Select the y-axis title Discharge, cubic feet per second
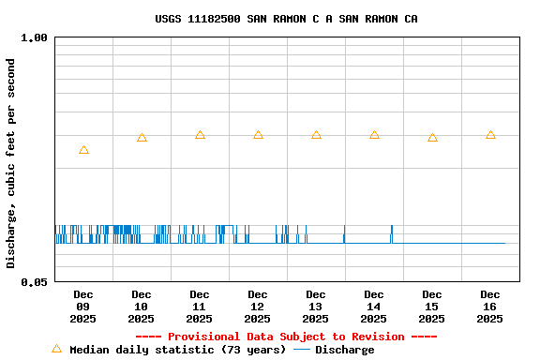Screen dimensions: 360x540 point(11,163)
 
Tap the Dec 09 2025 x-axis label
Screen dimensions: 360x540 point(83,307)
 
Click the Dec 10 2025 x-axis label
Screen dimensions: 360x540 point(142,307)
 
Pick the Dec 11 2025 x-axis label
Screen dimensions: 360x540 point(200,307)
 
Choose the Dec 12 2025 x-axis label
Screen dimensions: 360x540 point(258,307)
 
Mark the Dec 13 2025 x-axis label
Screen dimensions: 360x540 point(316,307)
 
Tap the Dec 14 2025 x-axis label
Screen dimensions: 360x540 point(374,307)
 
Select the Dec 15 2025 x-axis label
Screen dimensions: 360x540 point(432,307)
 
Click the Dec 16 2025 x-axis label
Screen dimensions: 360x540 point(490,307)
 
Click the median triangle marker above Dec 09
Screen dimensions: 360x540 point(83,150)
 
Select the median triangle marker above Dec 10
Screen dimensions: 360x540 point(142,138)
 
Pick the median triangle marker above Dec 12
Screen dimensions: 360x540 point(258,135)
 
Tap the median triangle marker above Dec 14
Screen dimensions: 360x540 point(374,135)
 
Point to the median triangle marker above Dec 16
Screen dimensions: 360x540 point(490,135)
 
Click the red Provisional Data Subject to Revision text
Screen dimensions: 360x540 point(286,337)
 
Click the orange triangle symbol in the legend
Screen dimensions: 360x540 point(56,349)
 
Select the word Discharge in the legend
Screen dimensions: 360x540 point(344,350)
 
